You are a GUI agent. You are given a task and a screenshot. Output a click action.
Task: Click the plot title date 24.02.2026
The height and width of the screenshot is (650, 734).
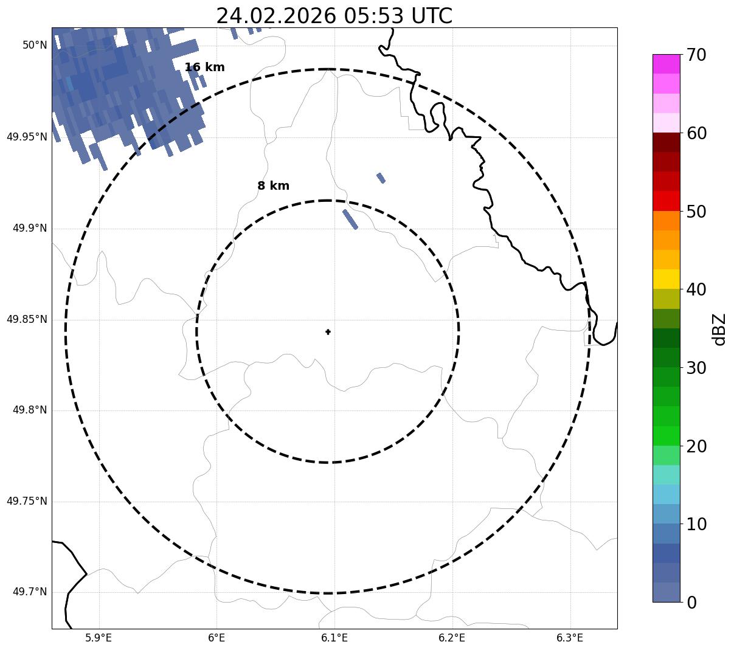coord(275,16)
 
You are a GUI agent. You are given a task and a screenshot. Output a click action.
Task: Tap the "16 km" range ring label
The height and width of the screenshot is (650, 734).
coord(204,67)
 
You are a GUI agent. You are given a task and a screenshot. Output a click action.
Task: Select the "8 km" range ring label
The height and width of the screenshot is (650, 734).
coord(273,186)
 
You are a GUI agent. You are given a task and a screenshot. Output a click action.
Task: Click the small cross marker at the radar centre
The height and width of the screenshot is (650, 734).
coord(328,332)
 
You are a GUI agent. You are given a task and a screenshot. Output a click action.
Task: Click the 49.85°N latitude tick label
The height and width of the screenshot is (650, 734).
coord(27,319)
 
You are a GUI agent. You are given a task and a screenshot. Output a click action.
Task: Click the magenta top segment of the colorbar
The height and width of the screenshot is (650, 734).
coord(666,64)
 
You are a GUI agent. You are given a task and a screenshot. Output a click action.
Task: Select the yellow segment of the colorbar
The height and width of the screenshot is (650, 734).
coord(666,279)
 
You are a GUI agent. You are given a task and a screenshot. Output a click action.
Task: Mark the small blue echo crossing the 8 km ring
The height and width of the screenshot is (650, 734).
coord(350,219)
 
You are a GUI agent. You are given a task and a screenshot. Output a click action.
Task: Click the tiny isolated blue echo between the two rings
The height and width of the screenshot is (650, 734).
coord(381,178)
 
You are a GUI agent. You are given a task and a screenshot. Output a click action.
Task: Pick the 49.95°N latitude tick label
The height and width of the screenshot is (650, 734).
coord(27,137)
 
